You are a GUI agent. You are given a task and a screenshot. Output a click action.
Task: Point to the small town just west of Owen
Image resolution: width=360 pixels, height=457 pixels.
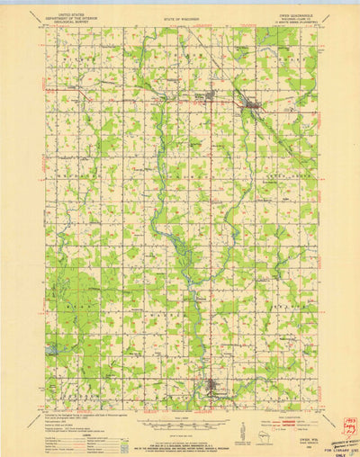pos(211,94)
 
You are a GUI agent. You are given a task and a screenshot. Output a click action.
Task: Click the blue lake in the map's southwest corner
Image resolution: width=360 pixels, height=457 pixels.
pos(52,347)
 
